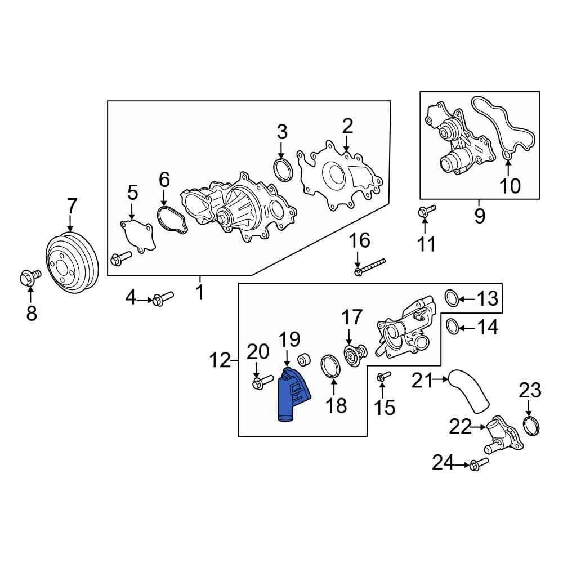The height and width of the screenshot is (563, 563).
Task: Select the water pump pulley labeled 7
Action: (71, 263)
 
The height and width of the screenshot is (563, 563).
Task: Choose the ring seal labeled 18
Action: (331, 366)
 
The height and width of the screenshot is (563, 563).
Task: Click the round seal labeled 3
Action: (282, 169)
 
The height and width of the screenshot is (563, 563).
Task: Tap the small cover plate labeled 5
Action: (136, 236)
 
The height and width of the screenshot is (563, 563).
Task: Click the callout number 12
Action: (220, 359)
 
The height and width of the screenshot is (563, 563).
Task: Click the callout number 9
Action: (479, 216)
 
